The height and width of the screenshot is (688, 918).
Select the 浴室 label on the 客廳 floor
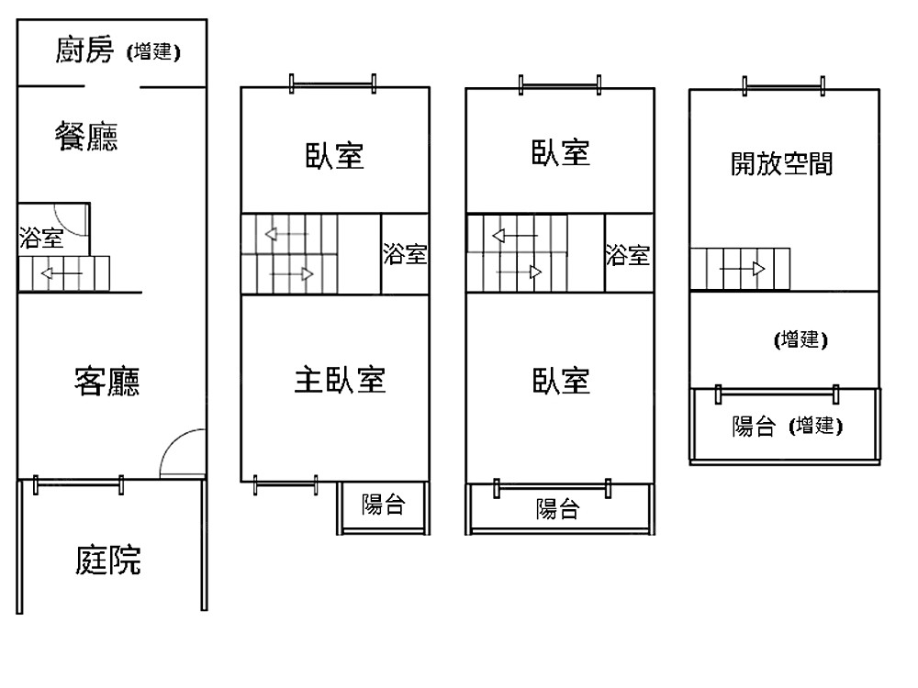(x=41, y=239)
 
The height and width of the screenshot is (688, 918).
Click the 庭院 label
(x=108, y=560)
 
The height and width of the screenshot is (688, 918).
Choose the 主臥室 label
(x=340, y=379)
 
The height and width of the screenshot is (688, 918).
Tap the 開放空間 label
(x=781, y=164)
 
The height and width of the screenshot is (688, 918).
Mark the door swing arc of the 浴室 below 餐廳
(x=73, y=217)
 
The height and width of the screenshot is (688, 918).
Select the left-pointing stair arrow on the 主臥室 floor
(x=285, y=234)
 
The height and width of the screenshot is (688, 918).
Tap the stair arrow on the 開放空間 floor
(x=743, y=269)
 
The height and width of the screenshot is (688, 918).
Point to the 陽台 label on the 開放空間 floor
(x=755, y=427)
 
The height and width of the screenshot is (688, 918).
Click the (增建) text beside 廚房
(x=153, y=52)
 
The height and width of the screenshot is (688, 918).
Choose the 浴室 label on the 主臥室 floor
(x=405, y=254)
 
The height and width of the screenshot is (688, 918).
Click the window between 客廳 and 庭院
(x=78, y=483)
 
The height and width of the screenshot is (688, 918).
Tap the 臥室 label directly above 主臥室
(x=334, y=156)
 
